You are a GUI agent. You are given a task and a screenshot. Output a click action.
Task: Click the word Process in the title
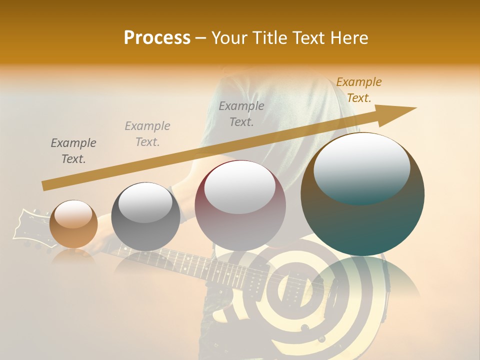pyautogui.click(x=157, y=38)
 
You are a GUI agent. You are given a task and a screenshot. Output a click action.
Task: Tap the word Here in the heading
pyautogui.click(x=348, y=38)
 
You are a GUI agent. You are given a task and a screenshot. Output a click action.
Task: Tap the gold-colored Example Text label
pyautogui.click(x=358, y=90)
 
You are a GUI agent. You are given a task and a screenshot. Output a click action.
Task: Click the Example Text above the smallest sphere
pyautogui.click(x=73, y=151)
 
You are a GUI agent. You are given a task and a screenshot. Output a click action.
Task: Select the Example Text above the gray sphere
pyautogui.click(x=147, y=134)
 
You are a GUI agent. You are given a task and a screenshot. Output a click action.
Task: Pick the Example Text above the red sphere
pyautogui.click(x=241, y=114)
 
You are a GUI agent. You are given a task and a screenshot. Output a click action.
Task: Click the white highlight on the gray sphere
pyautogui.click(x=145, y=202)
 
